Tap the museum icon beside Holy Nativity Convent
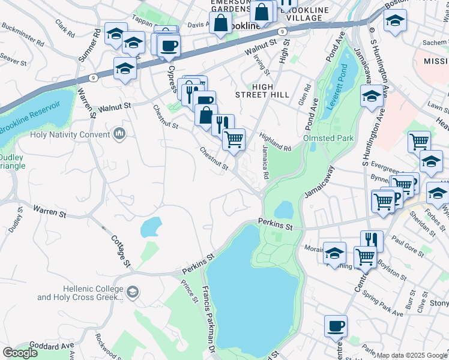coord(119,134)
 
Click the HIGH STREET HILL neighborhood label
coord(262,90)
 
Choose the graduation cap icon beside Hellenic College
coord(133,292)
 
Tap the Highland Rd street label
coord(275,142)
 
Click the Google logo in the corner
coord(20,352)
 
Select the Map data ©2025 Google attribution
coord(412,355)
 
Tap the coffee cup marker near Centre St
coord(336,326)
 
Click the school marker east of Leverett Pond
coord(372,95)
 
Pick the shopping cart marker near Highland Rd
coord(234,139)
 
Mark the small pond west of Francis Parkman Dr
coord(150,227)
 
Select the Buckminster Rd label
coord(23,35)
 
